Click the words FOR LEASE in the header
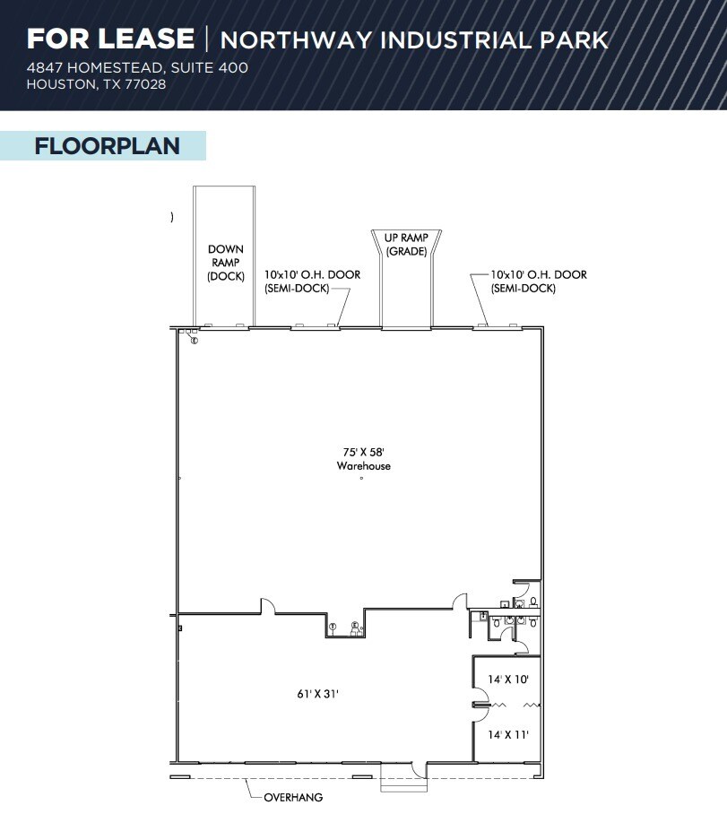tap(110, 39)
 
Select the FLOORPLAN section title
tap(107, 146)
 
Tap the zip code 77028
tap(146, 84)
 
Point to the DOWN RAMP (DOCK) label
tap(225, 263)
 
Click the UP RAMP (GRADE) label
tap(406, 244)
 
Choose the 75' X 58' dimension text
tap(363, 452)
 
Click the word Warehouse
tap(363, 466)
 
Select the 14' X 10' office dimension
tap(507, 679)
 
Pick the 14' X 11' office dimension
tap(507, 734)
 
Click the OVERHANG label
tap(293, 797)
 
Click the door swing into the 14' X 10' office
tap(480, 695)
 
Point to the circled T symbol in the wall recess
tap(333, 626)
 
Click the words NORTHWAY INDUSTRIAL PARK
tap(413, 40)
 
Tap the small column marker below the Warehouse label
tap(361, 479)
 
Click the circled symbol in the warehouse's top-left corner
tap(194, 340)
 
